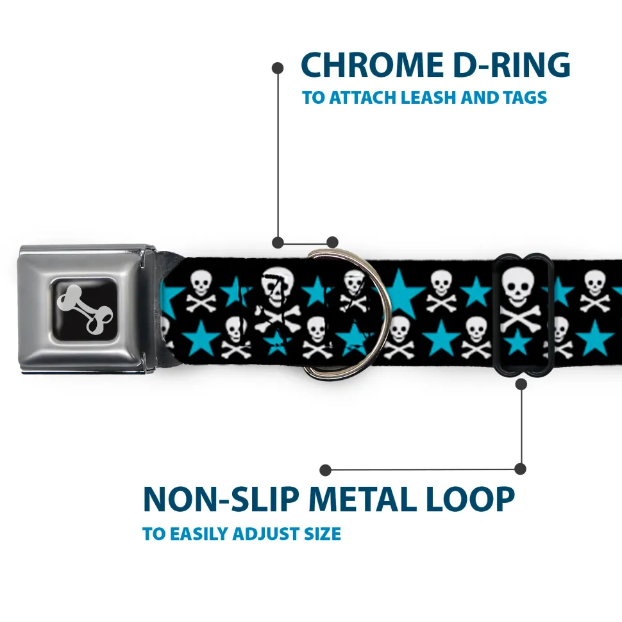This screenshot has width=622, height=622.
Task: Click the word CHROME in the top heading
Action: [x=372, y=65]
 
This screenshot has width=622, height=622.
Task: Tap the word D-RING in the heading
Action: [x=512, y=65]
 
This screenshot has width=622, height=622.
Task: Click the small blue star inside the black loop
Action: [x=517, y=342]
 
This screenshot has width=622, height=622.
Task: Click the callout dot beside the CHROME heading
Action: [x=278, y=68]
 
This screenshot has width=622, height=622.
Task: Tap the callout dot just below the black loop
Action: [x=521, y=384]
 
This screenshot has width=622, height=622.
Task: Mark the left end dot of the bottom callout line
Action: [x=325, y=470]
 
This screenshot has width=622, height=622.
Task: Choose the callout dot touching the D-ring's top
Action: [x=332, y=242]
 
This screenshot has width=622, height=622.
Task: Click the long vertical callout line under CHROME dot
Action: [x=278, y=155]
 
